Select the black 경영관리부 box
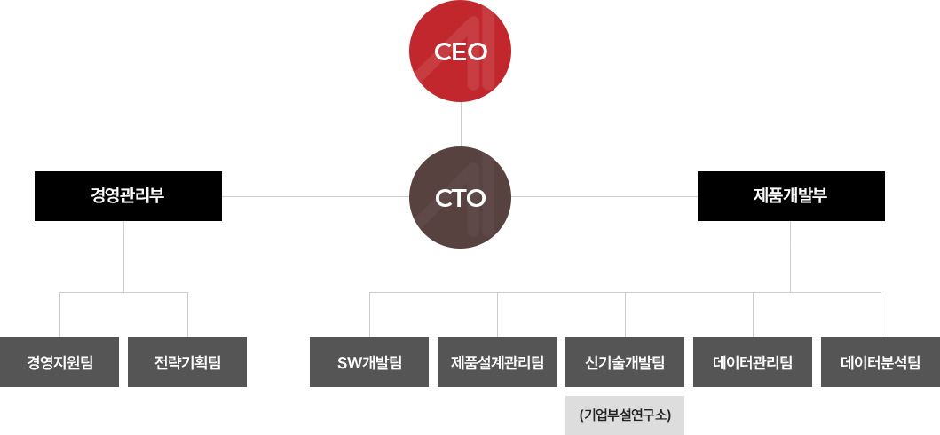click(128, 196)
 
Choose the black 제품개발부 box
click(791, 196)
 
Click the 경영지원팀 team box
click(59, 362)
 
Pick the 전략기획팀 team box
click(187, 362)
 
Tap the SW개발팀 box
click(369, 362)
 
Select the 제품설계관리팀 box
click(497, 362)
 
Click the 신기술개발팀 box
click(625, 362)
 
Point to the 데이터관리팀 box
click(753, 362)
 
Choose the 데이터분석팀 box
click(881, 362)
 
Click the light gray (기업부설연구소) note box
click(625, 415)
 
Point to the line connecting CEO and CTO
click(461, 124)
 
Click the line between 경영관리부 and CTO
click(315, 196)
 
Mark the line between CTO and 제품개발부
click(605, 196)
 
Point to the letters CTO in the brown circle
click(461, 198)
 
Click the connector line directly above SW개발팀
click(369, 315)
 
